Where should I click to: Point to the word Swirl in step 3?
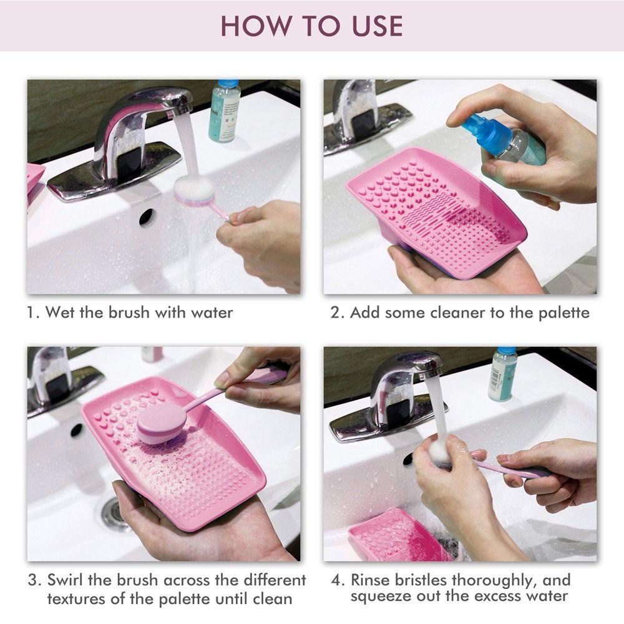coord(66,580)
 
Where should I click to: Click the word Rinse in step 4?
coord(370,580)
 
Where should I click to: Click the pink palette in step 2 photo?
coord(436,211)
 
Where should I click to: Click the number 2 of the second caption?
coord(335,313)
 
